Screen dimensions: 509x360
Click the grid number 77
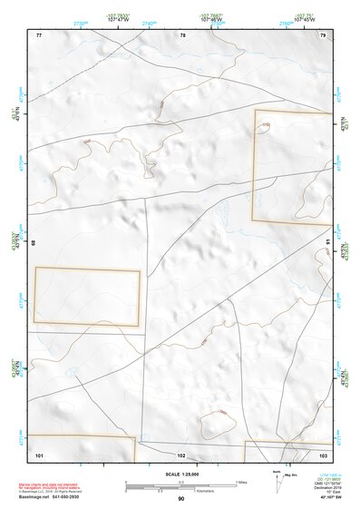point(39,34)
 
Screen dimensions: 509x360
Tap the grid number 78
point(182,34)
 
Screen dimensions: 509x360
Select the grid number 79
point(324,34)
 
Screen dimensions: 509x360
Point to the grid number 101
point(39,454)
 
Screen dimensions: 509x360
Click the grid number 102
point(181,454)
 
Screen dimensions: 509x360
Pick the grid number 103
point(324,454)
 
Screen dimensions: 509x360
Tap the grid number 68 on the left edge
point(34,242)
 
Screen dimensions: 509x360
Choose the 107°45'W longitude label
point(302,19)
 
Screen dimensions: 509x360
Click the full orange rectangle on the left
point(87,297)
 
